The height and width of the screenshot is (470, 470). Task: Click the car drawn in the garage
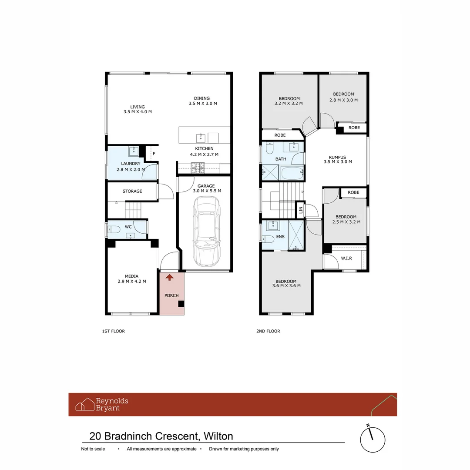click(207, 232)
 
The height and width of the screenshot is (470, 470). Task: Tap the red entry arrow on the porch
click(169, 277)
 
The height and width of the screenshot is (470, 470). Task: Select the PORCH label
click(171, 295)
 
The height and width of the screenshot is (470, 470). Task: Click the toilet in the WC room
click(114, 230)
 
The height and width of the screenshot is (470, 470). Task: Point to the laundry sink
click(134, 151)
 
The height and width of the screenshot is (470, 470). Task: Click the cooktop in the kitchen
click(198, 168)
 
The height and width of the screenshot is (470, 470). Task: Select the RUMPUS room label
click(338, 157)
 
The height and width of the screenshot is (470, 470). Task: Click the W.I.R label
click(346, 258)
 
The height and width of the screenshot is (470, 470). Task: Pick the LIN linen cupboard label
click(301, 210)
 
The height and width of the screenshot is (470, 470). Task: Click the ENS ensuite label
click(280, 236)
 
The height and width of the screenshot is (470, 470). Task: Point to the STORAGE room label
click(132, 191)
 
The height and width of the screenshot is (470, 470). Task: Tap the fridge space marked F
click(154, 154)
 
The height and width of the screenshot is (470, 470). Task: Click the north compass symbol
click(373, 440)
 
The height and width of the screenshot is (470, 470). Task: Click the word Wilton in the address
click(218, 436)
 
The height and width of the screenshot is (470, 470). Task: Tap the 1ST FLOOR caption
click(113, 331)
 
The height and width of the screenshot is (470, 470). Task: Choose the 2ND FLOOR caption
click(268, 331)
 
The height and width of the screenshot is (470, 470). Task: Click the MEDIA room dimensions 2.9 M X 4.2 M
click(132, 282)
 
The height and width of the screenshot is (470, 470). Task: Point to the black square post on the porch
click(181, 304)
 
